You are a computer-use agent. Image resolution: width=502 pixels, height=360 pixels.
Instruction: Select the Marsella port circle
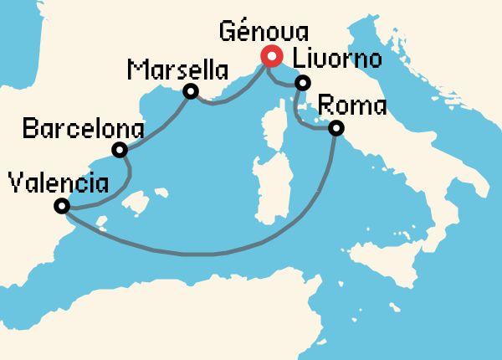[191, 91]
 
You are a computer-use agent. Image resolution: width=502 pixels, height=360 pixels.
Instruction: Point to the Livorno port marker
[303, 83]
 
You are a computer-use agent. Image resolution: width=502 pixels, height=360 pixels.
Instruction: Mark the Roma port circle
[336, 128]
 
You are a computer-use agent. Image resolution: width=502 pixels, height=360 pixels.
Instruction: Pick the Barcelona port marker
[120, 151]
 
